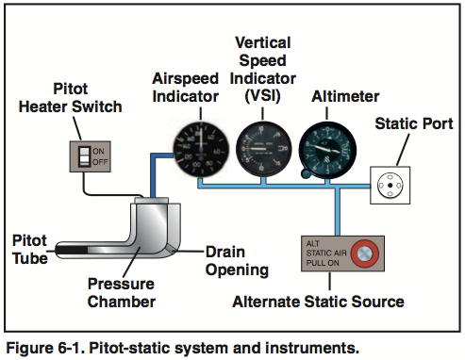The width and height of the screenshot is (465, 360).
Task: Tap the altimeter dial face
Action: point(325,147)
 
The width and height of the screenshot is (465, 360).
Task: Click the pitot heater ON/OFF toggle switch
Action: point(85,156)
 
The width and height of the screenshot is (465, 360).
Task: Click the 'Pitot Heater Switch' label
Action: point(71,97)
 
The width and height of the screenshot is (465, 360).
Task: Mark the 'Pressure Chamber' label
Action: point(120,293)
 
